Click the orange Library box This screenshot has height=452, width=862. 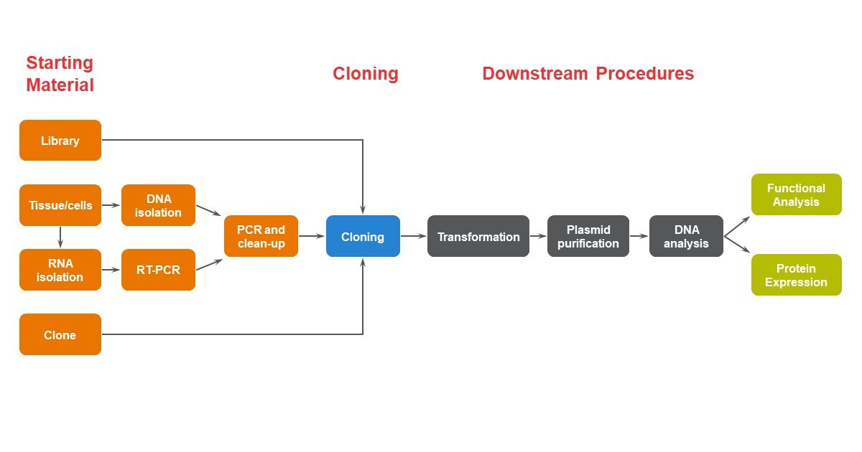tap(60, 141)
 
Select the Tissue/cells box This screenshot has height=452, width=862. tap(60, 205)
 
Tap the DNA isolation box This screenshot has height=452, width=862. tap(158, 205)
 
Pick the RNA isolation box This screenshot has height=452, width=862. tap(60, 270)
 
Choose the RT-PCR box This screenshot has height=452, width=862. tap(158, 270)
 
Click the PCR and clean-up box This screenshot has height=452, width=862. tap(261, 236)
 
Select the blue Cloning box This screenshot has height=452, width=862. tap(363, 236)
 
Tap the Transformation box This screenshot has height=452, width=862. tap(478, 236)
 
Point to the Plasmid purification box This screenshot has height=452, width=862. tap(588, 236)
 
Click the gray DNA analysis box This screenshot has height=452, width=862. tap(686, 236)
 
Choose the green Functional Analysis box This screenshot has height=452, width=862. tap(797, 194)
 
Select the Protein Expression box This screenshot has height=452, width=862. tap(797, 275)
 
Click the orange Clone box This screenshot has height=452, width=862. tap(60, 334)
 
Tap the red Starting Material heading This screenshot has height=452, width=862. tap(60, 74)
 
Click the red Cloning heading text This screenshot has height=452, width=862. tap(366, 74)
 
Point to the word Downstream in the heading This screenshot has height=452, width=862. tap(535, 73)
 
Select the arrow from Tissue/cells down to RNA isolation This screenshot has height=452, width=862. tap(60, 237)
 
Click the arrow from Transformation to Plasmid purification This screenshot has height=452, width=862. tap(538, 236)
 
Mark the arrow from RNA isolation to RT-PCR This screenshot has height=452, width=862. tap(111, 270)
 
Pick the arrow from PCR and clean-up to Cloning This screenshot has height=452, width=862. tap(312, 236)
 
